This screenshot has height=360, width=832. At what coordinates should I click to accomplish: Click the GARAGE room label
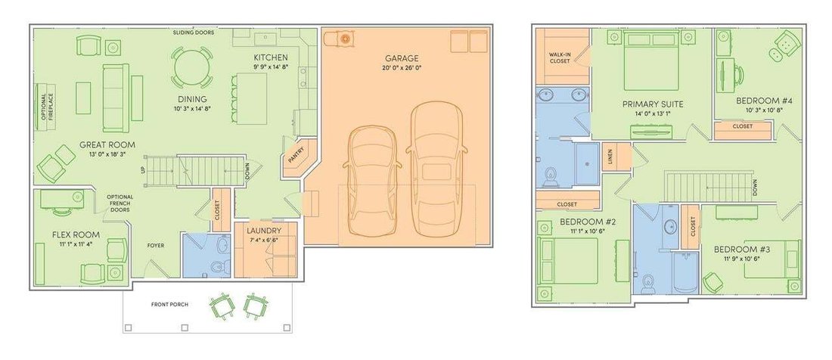(x=402, y=58)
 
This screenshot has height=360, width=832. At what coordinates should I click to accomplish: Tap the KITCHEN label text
(x=271, y=57)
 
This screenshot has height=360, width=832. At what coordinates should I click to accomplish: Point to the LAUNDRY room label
(x=264, y=231)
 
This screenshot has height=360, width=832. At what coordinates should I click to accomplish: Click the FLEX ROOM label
(x=76, y=234)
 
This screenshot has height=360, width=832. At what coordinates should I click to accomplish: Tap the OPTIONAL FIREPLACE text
(x=47, y=107)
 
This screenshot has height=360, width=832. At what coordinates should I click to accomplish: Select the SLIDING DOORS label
(x=194, y=33)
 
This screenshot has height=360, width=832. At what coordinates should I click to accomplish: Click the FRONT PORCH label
(x=169, y=304)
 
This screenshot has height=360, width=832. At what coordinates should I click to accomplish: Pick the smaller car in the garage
(x=372, y=180)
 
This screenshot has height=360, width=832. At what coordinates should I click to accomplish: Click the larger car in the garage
(x=436, y=169)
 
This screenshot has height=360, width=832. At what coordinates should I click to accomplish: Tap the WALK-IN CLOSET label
(x=559, y=57)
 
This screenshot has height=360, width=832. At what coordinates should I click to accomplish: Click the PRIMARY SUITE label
(x=653, y=104)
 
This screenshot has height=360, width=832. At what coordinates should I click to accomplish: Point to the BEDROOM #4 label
(x=760, y=101)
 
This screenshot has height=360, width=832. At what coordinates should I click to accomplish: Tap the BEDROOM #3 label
(x=737, y=249)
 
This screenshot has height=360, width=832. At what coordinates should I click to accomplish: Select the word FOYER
(x=156, y=246)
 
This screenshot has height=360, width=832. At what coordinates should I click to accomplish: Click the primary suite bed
(x=651, y=60)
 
